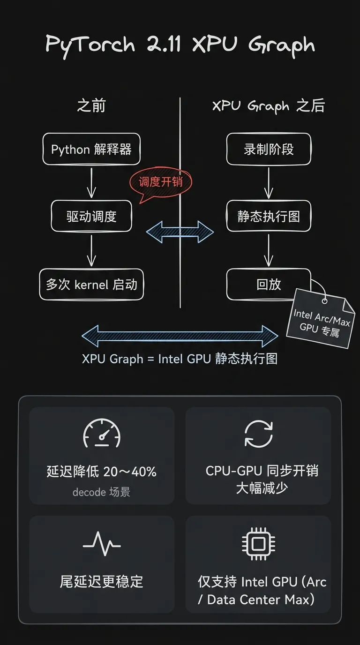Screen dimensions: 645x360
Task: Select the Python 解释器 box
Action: [x=91, y=150]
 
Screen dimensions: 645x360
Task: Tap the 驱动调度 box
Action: [x=91, y=216]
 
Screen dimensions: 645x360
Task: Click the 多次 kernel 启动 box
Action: [x=91, y=284]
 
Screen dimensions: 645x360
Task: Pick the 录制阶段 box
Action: [x=269, y=150]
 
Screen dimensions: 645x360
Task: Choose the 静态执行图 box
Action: [x=269, y=216]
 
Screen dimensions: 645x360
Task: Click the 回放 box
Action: [x=269, y=284]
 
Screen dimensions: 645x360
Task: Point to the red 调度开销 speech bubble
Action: [x=160, y=182]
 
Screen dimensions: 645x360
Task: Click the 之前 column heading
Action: [x=91, y=106]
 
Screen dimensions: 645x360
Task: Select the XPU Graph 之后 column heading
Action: [x=269, y=106]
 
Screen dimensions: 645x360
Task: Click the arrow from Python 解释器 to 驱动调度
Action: [x=91, y=182]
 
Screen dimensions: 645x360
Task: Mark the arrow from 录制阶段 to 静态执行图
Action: [x=269, y=182]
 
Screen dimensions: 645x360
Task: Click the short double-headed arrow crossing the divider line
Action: [x=180, y=232]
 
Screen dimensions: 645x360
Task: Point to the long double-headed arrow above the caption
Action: [x=180, y=336]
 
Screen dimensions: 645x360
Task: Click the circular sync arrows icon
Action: [x=259, y=433]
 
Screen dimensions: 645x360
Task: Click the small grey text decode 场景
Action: [x=101, y=492]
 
